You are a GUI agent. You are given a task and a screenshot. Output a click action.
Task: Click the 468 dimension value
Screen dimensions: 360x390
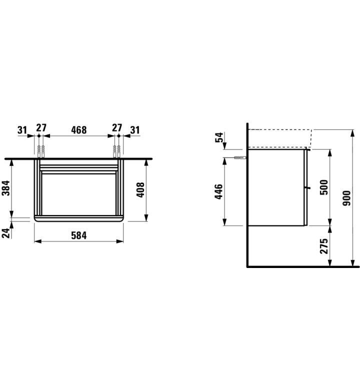coord(79,130)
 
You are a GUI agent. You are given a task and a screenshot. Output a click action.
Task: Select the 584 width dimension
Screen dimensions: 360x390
coord(79,235)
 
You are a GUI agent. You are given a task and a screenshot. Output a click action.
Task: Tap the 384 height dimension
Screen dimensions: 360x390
coord(6,188)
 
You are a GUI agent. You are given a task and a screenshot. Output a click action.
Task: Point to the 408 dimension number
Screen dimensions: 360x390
coord(140,190)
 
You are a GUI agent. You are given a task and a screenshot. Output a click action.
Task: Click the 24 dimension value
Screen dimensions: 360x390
coord(6,233)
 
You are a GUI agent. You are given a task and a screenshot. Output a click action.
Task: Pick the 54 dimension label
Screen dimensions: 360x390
coord(219,137)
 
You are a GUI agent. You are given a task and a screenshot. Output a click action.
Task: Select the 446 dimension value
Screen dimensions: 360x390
coord(219,191)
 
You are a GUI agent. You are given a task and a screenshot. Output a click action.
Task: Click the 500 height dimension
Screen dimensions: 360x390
coord(324,187)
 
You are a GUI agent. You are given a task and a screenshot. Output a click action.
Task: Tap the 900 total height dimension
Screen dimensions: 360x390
coord(346,198)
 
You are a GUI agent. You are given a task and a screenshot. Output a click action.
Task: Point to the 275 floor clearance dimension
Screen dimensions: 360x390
coord(324,246)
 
